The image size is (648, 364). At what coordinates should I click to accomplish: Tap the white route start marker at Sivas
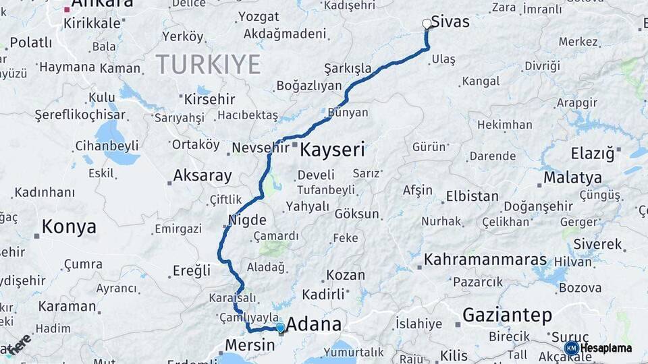click(x=427, y=24)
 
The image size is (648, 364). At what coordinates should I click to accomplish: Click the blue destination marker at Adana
click(x=280, y=328)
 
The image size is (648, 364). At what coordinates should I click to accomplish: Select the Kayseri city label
click(x=332, y=150)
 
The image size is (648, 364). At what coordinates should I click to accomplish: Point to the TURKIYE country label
click(x=208, y=65)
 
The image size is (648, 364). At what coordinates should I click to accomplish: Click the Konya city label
click(x=68, y=227)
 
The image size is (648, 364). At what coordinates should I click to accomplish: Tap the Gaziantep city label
click(x=507, y=315)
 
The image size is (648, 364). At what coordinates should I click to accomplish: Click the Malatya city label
click(x=572, y=178)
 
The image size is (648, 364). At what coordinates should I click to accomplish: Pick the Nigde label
click(x=247, y=220)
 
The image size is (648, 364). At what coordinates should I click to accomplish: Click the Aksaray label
click(x=202, y=176)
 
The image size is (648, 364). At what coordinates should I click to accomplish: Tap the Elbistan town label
click(x=472, y=198)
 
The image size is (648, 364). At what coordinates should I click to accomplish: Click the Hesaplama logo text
click(x=605, y=348)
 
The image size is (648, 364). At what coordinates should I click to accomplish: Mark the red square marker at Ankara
click(x=66, y=9)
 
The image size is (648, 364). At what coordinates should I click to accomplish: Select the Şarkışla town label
click(x=348, y=69)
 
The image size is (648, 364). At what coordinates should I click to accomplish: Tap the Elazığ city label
click(x=592, y=154)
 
